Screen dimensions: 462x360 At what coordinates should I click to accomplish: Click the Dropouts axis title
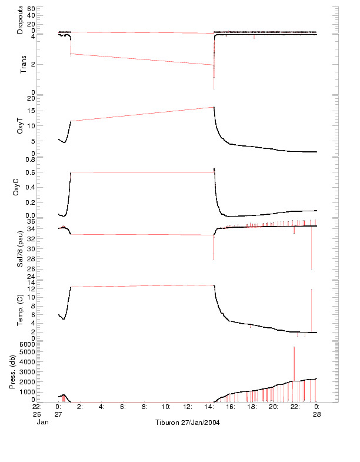21,19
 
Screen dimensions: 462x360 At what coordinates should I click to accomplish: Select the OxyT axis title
21,125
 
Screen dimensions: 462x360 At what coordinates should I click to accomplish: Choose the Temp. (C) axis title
21,309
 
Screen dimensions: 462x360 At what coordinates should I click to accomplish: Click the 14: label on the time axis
208,407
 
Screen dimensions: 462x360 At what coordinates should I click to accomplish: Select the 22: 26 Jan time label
37,410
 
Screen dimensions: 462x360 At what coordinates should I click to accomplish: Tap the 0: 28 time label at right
316,410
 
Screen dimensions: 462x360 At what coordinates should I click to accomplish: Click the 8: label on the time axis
145,407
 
